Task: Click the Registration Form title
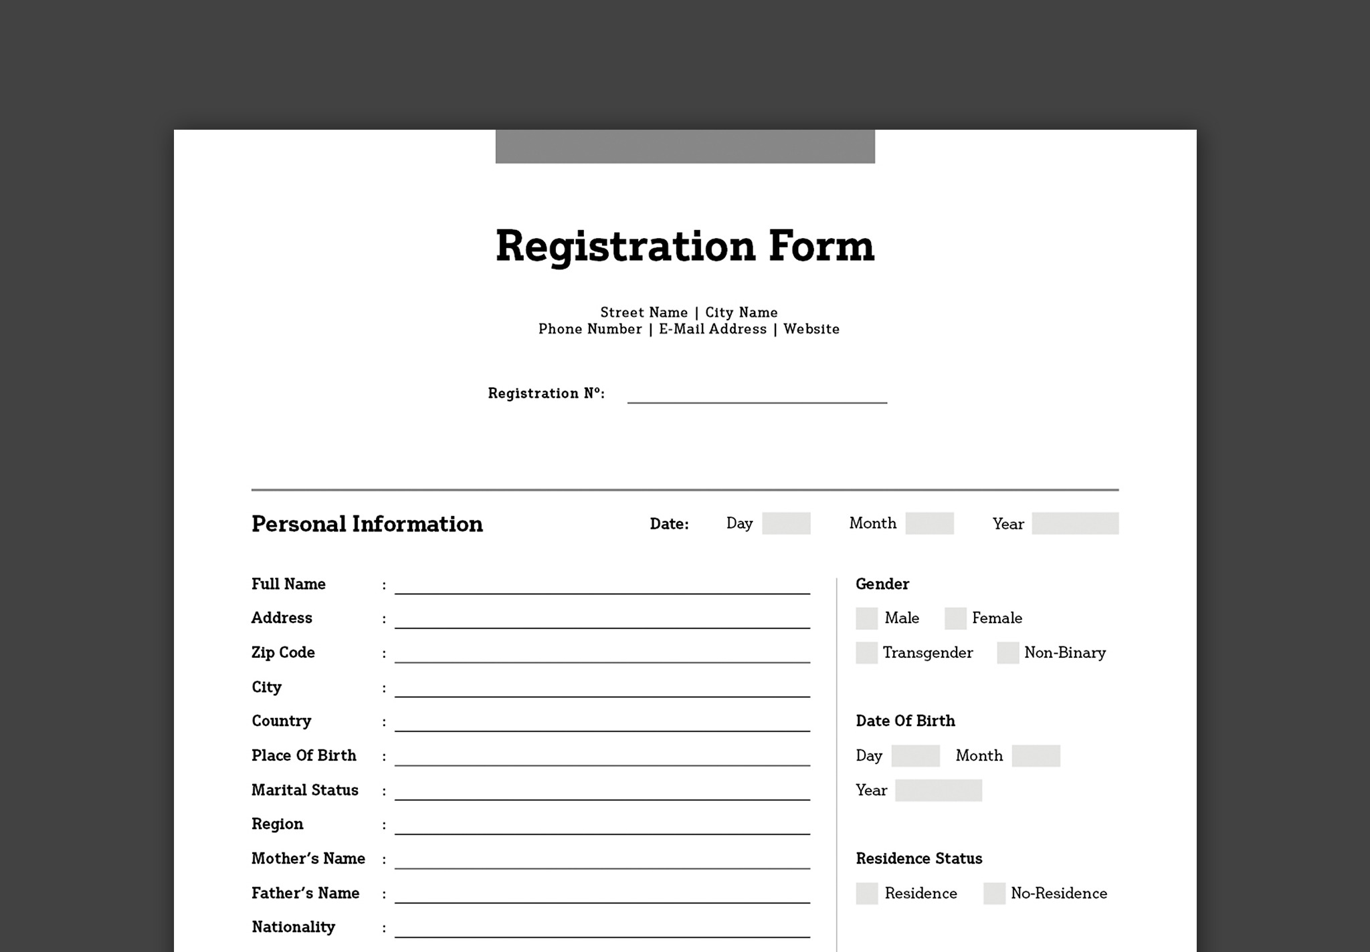pyautogui.click(x=684, y=247)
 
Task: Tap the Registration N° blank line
pyautogui.click(x=757, y=396)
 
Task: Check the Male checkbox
pyautogui.click(x=866, y=618)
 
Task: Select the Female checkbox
pyautogui.click(x=955, y=618)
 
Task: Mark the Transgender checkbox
pyautogui.click(x=866, y=652)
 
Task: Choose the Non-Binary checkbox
pyautogui.click(x=1007, y=652)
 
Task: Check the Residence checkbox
pyautogui.click(x=866, y=893)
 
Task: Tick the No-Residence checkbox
pyautogui.click(x=994, y=893)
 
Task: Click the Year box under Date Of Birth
pyautogui.click(x=938, y=790)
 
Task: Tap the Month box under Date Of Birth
pyautogui.click(x=1036, y=756)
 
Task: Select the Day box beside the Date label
pyautogui.click(x=786, y=523)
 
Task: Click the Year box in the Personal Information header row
pyautogui.click(x=1074, y=523)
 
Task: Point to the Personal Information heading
pyautogui.click(x=367, y=524)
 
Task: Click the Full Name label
pyautogui.click(x=288, y=584)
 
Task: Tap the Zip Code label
pyautogui.click(x=283, y=652)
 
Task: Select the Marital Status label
pyautogui.click(x=304, y=790)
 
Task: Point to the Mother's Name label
pyautogui.click(x=308, y=858)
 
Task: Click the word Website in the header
pyautogui.click(x=811, y=329)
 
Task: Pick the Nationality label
pyautogui.click(x=293, y=927)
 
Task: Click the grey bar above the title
pyautogui.click(x=684, y=146)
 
